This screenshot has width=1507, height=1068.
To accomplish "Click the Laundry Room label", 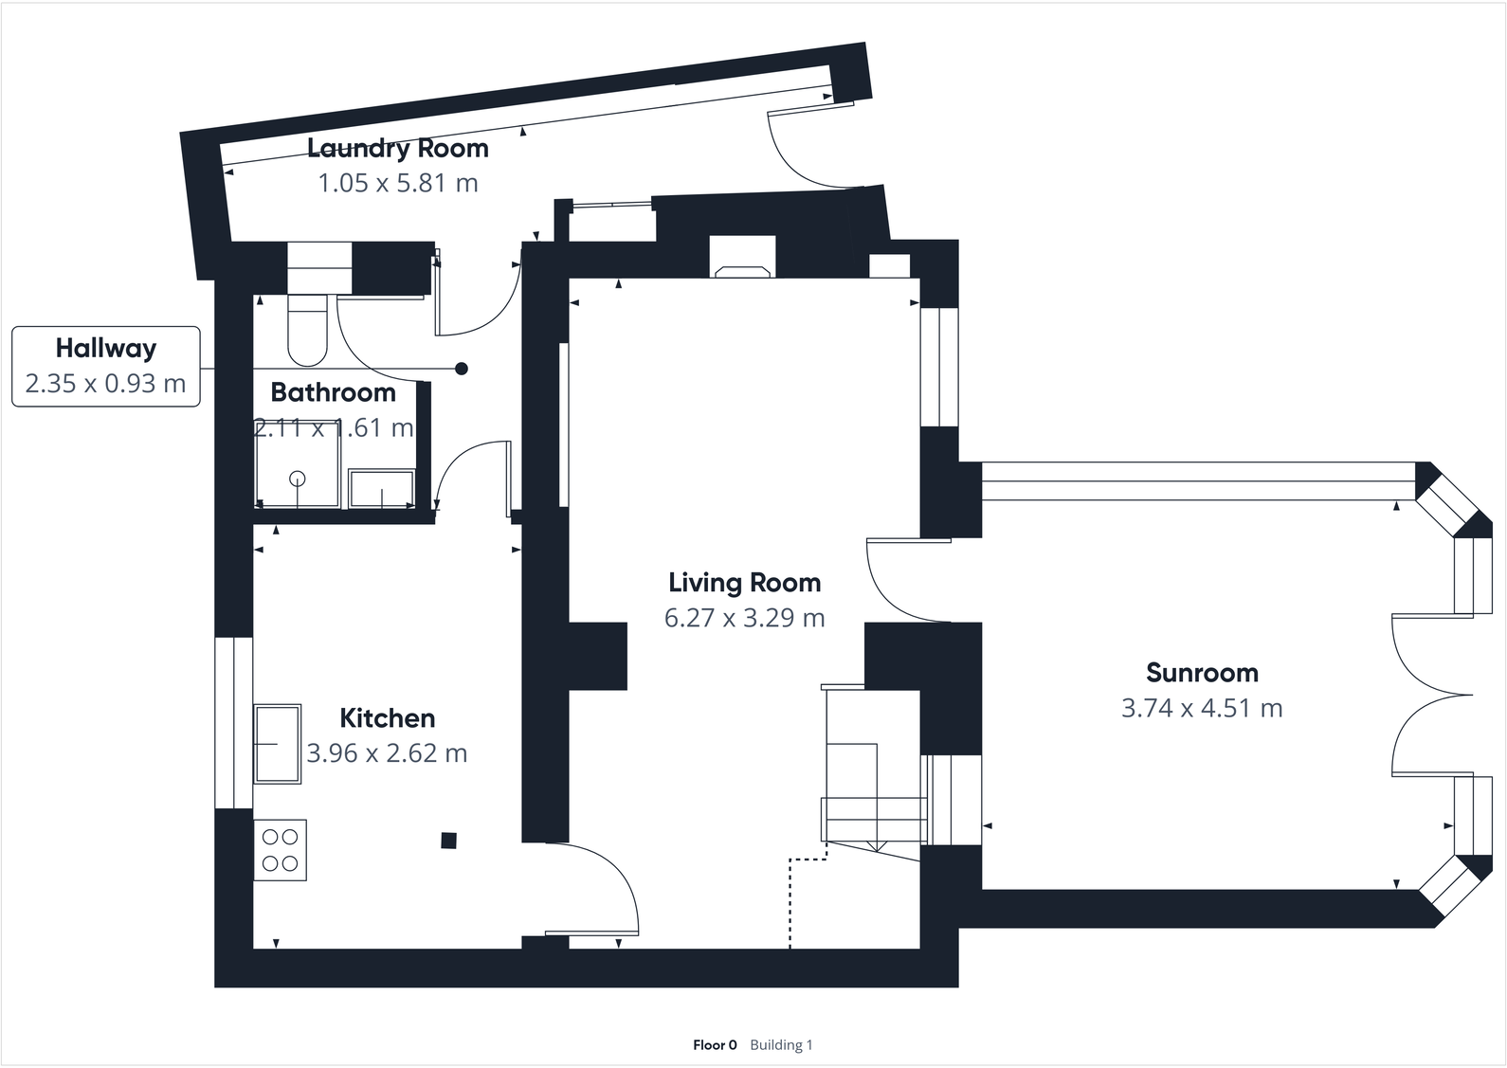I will click(x=398, y=148).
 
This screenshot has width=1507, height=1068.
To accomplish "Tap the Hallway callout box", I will click(x=105, y=366).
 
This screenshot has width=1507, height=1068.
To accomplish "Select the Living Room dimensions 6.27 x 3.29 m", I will click(x=744, y=618).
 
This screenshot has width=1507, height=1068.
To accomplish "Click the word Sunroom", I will click(x=1202, y=673).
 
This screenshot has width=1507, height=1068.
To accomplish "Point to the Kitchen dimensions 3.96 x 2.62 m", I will click(x=387, y=753).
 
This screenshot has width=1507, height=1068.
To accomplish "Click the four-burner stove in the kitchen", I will click(x=280, y=850).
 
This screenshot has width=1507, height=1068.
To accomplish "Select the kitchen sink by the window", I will click(x=277, y=744).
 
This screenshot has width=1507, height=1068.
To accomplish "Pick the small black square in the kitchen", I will click(x=449, y=840).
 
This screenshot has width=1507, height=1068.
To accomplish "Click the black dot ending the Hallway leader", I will click(x=462, y=369).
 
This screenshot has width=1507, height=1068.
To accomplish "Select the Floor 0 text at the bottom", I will click(x=715, y=1045).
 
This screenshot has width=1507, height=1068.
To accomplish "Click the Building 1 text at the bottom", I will click(x=781, y=1045).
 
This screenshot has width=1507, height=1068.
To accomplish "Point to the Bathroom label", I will click(x=333, y=392).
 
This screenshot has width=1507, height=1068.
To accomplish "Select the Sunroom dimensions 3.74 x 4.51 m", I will click(x=1202, y=708).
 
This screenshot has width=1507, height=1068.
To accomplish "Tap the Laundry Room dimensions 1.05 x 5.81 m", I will click(x=398, y=183).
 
